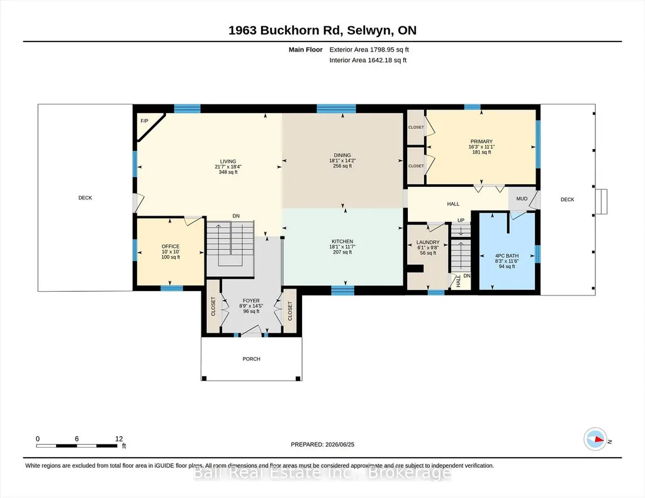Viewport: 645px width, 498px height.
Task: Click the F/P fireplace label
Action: pos(144,121)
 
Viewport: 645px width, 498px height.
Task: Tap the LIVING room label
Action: pos(228,162)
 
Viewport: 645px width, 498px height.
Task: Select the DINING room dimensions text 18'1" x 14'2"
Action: pos(342,161)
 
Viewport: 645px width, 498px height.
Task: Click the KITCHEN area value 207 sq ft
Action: pos(342,252)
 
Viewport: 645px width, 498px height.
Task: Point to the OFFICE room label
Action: pos(171,246)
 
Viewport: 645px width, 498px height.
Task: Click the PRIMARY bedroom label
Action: pos(481,141)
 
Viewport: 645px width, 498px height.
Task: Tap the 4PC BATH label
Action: pos(507,255)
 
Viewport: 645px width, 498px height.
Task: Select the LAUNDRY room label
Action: pos(428,243)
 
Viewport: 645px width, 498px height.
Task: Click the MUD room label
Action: pos(522,199)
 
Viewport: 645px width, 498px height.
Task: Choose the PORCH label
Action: pos(251,358)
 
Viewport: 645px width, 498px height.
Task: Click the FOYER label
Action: pos(251,301)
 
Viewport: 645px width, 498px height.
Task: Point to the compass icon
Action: pos(595,440)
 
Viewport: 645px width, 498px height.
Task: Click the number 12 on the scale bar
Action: pos(119,438)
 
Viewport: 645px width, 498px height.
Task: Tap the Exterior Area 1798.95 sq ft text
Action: pos(369,50)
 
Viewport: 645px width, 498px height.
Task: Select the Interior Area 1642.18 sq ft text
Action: pos(367,60)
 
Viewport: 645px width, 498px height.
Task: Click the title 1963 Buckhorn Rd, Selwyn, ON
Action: pos(322,30)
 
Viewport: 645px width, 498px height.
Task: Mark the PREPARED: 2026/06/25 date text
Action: pos(322,444)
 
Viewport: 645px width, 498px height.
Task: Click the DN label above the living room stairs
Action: pos(236,216)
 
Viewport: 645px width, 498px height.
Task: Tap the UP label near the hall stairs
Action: pos(461,220)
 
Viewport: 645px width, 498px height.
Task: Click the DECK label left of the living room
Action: pos(85,197)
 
